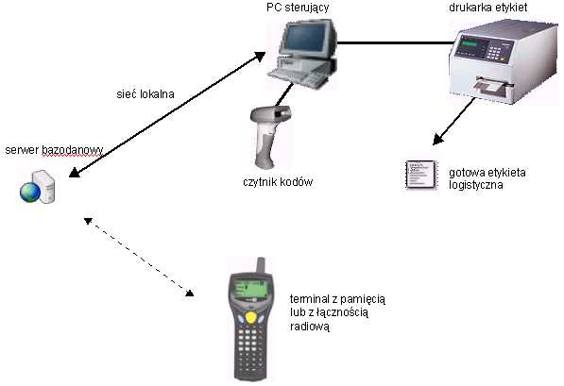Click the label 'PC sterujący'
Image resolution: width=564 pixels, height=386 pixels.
coord(298,8)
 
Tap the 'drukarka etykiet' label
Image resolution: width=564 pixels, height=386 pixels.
coord(488,8)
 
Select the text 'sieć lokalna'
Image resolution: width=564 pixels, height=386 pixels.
coord(145,94)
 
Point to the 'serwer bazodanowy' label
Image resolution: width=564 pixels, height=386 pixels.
coord(54,150)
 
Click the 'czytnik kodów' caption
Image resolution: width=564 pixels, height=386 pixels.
coord(278,182)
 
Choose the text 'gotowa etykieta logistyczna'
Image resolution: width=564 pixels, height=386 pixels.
coord(487,178)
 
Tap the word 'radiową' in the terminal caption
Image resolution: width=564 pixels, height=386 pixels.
coord(310,327)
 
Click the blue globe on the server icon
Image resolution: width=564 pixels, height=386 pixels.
coord(30,193)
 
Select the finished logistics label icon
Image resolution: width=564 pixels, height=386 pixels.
coord(421,175)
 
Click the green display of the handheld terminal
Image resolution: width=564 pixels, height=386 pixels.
coord(251,288)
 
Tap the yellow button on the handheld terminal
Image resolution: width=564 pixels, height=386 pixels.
coord(250,317)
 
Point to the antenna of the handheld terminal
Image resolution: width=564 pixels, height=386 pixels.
coord(261,265)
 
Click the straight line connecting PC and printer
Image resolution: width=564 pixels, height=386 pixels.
coord(395,42)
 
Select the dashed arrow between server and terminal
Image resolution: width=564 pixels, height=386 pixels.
coord(139,257)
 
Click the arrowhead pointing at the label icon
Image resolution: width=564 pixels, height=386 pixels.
coord(437,139)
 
